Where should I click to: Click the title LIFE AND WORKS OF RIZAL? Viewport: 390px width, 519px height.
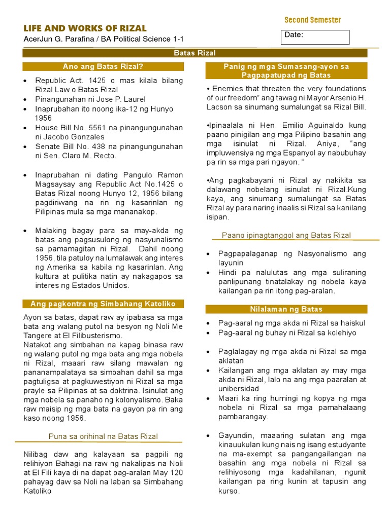[x=85, y=28]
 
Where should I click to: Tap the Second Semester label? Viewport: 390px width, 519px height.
[x=312, y=20]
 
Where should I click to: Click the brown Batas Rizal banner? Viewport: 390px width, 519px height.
[x=195, y=53]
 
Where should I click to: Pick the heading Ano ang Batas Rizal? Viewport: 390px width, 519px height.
[x=103, y=66]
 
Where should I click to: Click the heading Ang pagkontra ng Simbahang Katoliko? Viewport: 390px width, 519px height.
[x=103, y=304]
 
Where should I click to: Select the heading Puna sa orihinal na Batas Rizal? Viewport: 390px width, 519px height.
[x=103, y=436]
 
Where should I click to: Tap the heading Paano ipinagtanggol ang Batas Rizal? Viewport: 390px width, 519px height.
[x=286, y=235]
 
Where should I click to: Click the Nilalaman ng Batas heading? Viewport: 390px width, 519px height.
[x=286, y=309]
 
